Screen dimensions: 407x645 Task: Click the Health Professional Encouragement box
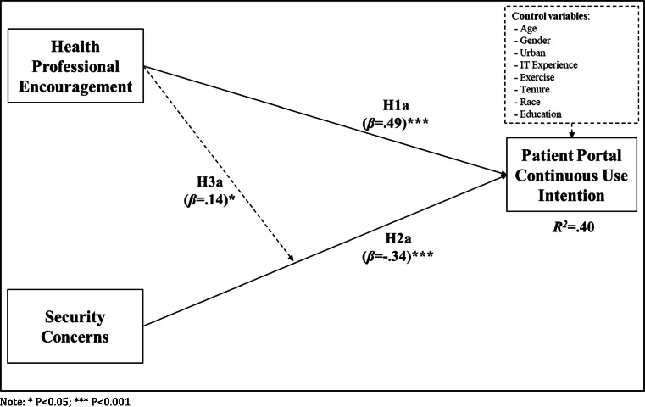point(75,65)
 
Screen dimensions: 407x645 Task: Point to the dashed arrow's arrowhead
point(293,258)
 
